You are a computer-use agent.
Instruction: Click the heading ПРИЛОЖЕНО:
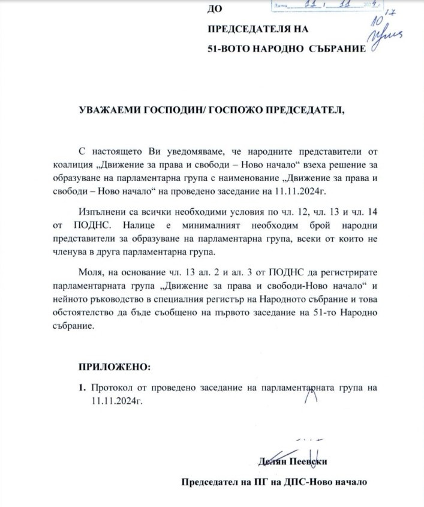pyautogui.click(x=108, y=367)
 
